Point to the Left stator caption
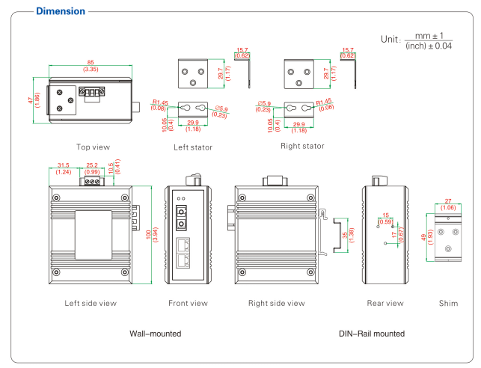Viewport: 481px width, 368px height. [x=192, y=147]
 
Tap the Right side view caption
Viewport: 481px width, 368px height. [x=276, y=303]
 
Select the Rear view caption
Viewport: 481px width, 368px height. [x=385, y=303]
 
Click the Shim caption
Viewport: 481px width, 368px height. [x=448, y=303]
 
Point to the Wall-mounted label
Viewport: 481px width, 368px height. [x=156, y=333]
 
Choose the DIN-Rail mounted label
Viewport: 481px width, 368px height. [x=371, y=333]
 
